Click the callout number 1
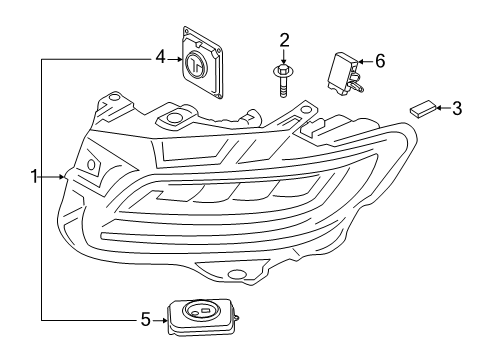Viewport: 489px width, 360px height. click(33, 177)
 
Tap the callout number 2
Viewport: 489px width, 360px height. click(284, 40)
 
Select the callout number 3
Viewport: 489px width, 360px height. click(456, 107)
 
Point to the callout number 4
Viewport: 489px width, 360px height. click(159, 58)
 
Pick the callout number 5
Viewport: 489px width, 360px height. click(145, 320)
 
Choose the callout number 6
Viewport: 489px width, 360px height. click(379, 62)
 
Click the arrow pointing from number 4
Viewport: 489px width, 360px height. click(173, 58)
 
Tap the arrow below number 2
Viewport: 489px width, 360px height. click(284, 57)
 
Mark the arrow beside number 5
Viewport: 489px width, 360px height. click(159, 320)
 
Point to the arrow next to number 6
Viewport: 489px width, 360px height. click(365, 62)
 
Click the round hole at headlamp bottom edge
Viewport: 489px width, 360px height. click(237, 274)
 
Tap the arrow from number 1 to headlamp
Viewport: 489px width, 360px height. click(59, 177)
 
